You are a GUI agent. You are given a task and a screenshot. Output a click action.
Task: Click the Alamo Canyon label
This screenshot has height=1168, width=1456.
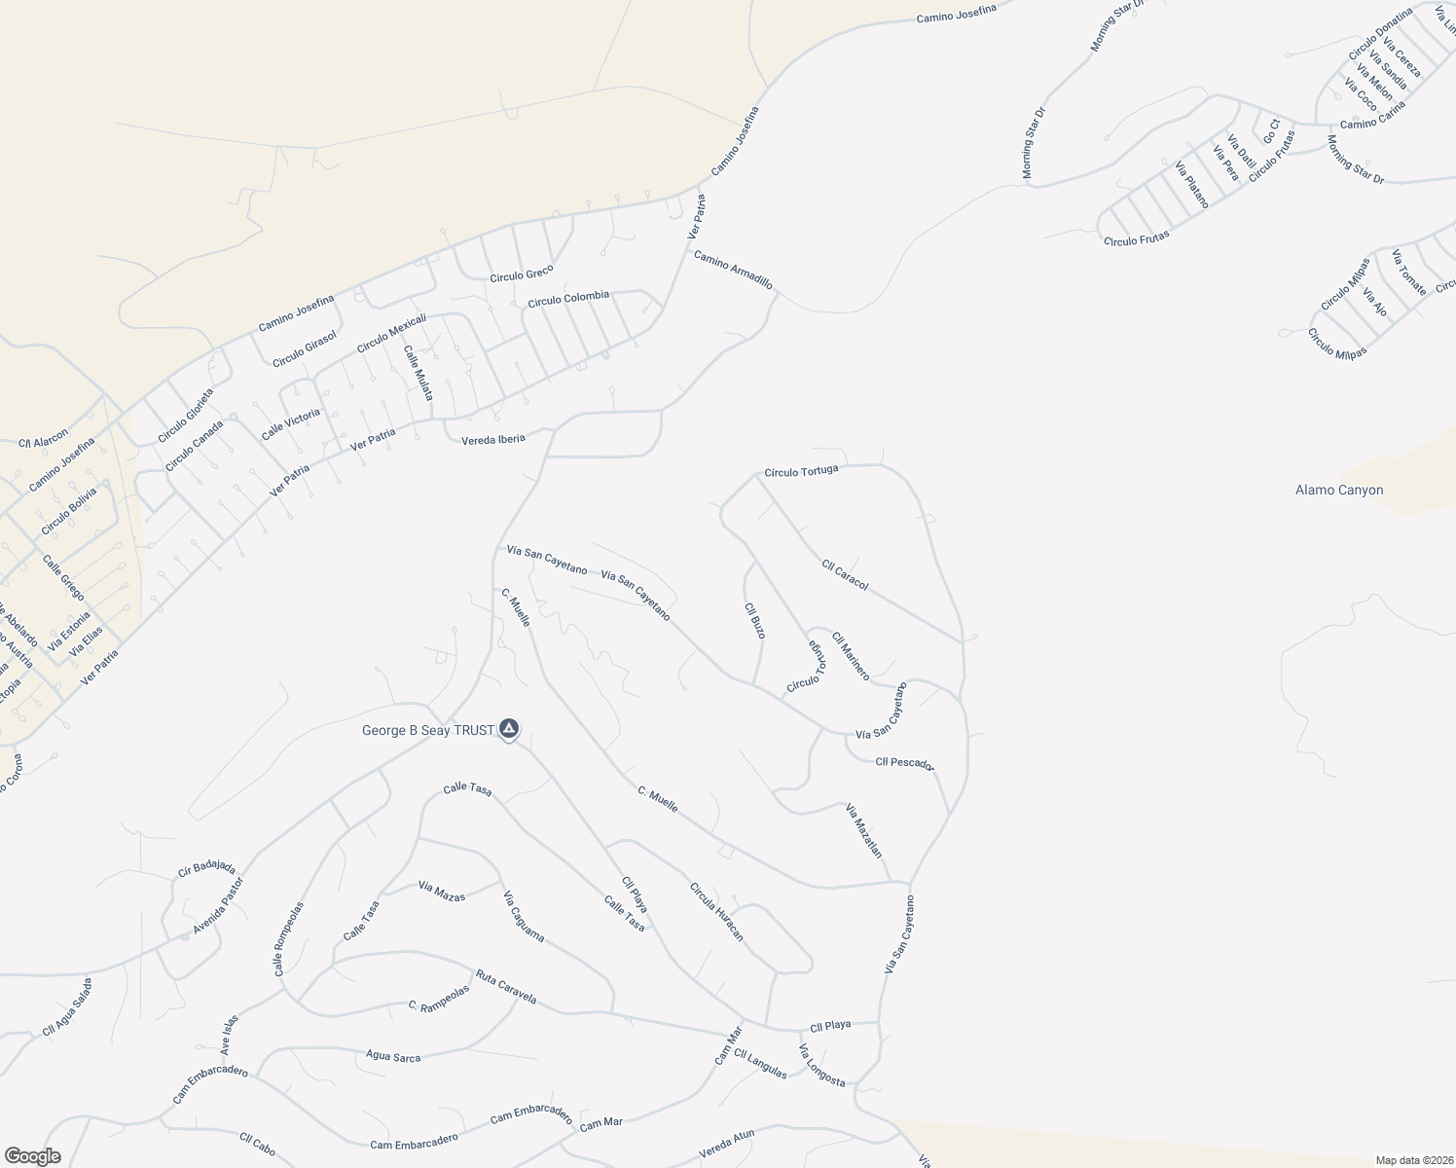[x=1338, y=491]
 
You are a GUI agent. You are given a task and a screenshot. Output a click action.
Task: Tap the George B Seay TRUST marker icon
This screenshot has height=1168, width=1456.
[x=509, y=729]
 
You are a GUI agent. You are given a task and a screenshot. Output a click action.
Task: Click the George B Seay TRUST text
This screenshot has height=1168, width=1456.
[x=428, y=731]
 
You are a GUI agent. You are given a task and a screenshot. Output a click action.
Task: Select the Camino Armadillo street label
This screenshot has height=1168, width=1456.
[x=733, y=270]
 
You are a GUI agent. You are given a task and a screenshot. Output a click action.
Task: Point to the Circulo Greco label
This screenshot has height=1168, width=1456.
[x=522, y=274]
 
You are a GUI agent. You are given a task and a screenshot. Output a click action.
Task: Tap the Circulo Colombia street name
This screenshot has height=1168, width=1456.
[x=568, y=299]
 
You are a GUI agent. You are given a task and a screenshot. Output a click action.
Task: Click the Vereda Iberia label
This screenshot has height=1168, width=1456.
[x=493, y=439]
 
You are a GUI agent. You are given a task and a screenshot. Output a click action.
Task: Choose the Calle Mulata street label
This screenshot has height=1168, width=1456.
[x=419, y=374]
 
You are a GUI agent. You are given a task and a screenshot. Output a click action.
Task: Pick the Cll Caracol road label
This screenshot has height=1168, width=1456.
[x=844, y=574]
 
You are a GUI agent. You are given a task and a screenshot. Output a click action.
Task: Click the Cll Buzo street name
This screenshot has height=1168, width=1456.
[x=754, y=621]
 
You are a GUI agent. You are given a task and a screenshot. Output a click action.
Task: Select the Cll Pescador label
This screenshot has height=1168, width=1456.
[x=904, y=763]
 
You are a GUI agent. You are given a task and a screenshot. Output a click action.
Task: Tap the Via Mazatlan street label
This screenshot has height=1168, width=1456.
[x=863, y=830]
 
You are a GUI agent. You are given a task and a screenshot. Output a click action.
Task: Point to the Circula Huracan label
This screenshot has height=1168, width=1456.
[x=716, y=912]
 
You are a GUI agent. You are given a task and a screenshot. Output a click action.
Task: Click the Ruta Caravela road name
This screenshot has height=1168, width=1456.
[x=505, y=986]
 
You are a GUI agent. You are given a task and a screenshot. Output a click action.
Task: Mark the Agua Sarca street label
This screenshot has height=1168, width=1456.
[x=393, y=1055]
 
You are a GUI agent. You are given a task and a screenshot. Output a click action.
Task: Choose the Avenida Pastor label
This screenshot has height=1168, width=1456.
[x=217, y=906]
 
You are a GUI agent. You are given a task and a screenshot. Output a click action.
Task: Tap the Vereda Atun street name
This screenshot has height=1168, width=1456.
[x=727, y=1145]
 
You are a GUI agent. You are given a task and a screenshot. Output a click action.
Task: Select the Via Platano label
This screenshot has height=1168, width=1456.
[x=1191, y=185]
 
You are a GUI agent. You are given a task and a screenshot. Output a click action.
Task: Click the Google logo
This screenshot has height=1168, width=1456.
[x=32, y=1156]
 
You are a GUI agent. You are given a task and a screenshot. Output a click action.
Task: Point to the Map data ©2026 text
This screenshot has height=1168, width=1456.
[x=1412, y=1159]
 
